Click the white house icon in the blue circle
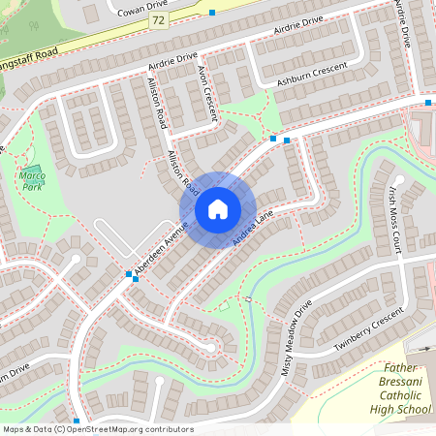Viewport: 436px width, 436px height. click(217, 208)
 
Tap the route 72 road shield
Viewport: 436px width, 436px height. click(158, 19)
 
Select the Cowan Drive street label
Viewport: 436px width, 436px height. click(142, 9)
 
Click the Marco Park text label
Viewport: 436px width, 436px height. click(32, 180)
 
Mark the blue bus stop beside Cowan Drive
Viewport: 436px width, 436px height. click(212, 13)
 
